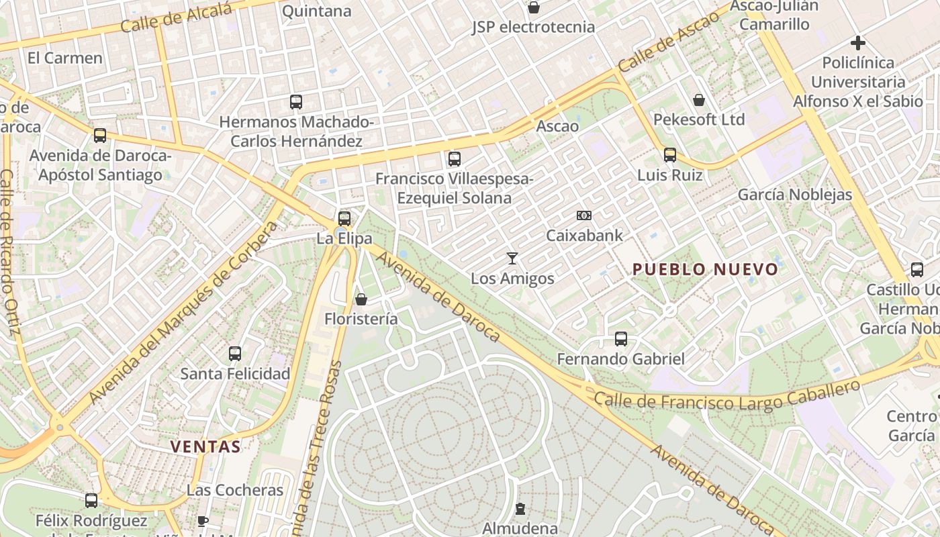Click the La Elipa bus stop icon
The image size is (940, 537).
(344, 218)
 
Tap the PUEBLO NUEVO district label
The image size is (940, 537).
(705, 270)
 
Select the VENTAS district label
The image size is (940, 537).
(205, 446)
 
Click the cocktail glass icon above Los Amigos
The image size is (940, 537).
(512, 258)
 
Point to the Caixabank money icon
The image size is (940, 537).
(584, 215)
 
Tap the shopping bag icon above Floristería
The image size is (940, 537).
(361, 299)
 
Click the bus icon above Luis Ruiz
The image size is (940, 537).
(669, 155)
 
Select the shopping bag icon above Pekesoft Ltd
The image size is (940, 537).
(699, 100)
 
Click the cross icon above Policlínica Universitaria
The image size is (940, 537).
(857, 43)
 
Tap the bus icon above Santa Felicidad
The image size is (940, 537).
(235, 353)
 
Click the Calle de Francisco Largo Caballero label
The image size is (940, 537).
(727, 395)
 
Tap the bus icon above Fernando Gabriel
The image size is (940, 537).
(621, 339)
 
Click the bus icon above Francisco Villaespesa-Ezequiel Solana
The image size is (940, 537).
(455, 159)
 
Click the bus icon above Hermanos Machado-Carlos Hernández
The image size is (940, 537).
(296, 102)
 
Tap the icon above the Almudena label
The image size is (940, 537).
(520, 509)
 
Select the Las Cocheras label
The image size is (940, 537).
(235, 490)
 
